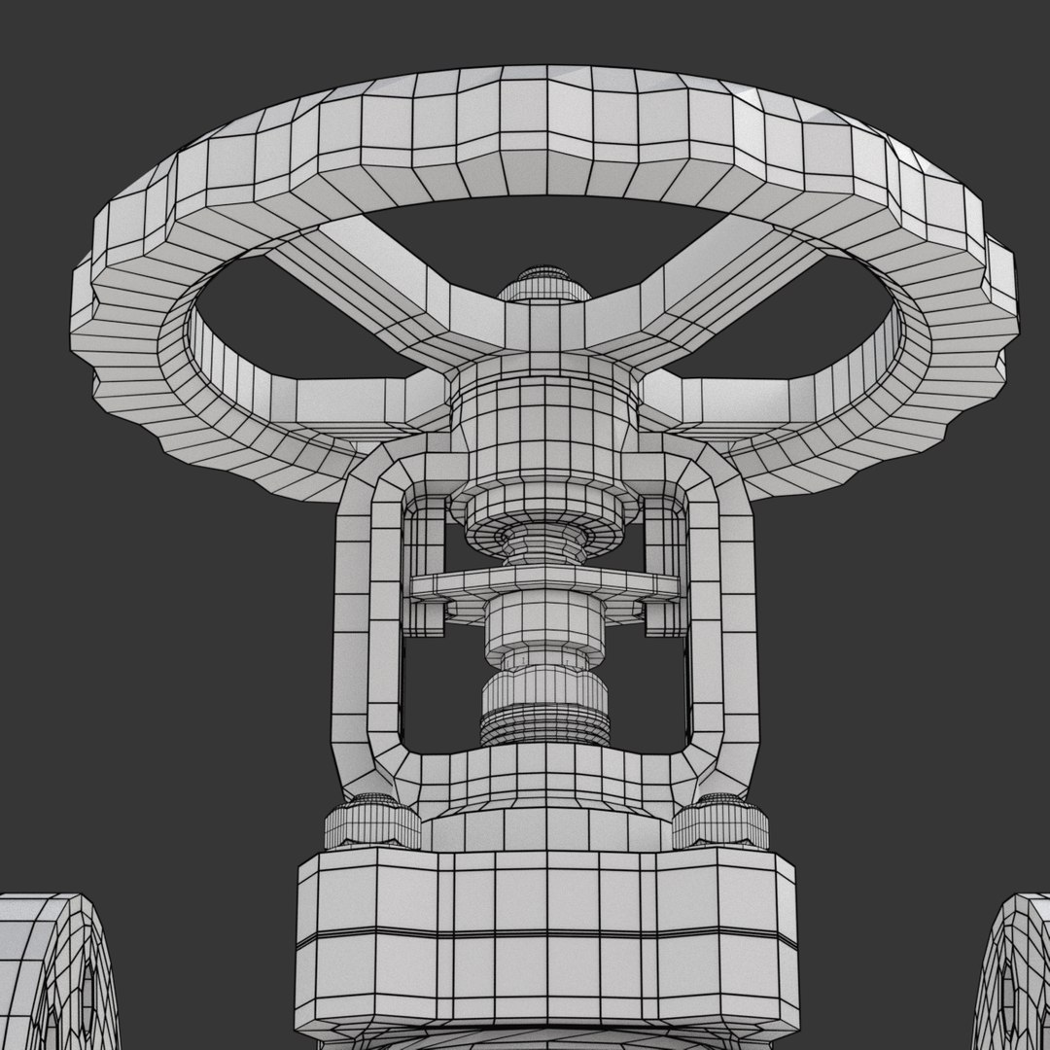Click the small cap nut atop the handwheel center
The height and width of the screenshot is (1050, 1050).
click(544, 283)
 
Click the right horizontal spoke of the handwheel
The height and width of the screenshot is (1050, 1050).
click(739, 399)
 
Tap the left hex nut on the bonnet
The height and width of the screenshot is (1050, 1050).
click(372, 822)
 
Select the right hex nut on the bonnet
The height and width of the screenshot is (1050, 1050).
click(720, 822)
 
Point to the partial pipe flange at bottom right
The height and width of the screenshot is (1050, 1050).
click(1016, 972)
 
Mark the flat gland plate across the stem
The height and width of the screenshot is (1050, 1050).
click(544, 583)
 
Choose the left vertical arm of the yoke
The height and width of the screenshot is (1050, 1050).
click(366, 632)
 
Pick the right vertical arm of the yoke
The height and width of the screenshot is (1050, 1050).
click(723, 632)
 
